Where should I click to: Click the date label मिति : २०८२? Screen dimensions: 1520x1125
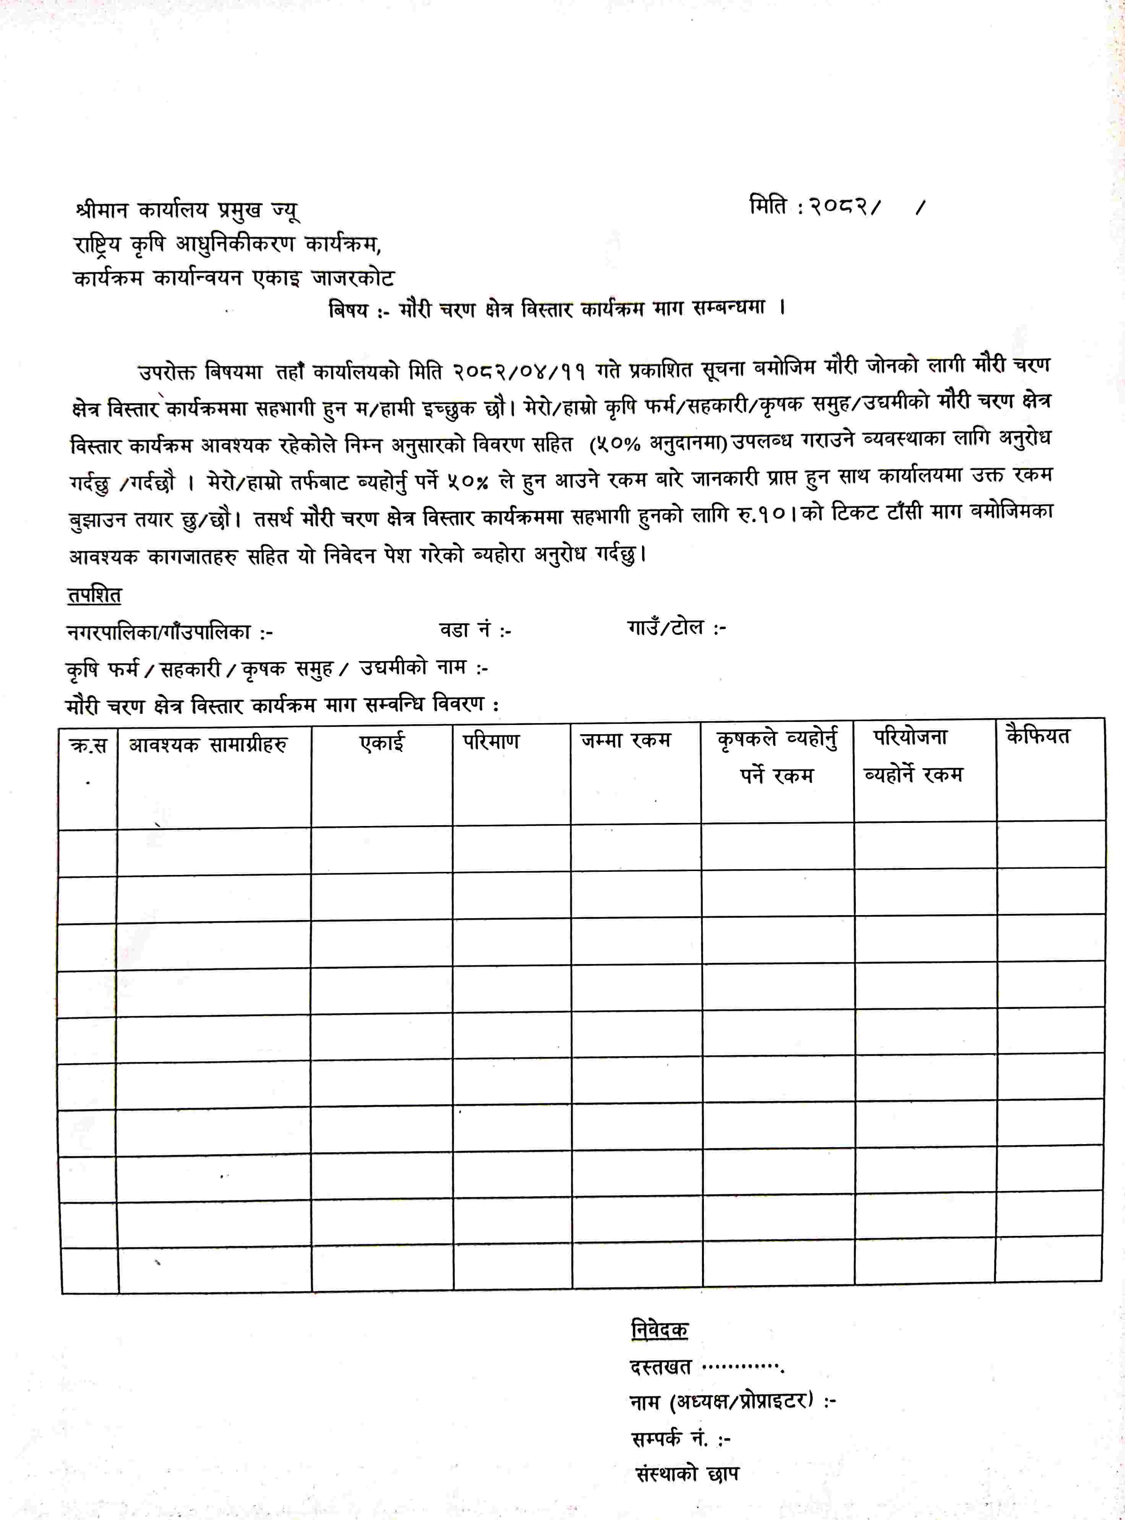[814, 206]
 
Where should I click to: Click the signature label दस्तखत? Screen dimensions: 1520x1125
[661, 1367]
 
